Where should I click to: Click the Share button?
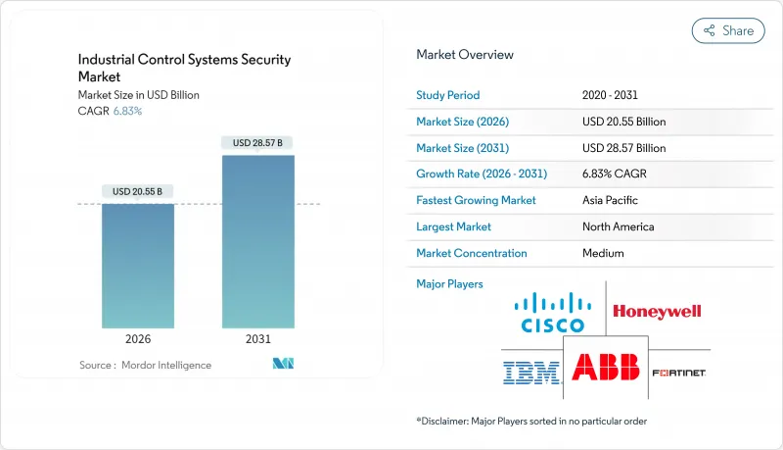click(728, 30)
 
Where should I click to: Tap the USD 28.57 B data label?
click(258, 143)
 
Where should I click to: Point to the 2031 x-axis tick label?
click(258, 338)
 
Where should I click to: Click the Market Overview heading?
click(465, 54)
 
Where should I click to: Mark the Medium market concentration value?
click(603, 253)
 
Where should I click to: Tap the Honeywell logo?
click(657, 312)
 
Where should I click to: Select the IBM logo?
click(530, 373)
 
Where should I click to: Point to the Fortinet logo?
click(678, 374)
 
